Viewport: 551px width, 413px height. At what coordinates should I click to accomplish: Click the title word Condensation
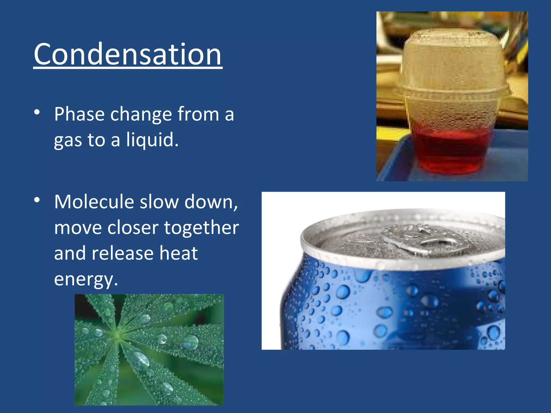128,55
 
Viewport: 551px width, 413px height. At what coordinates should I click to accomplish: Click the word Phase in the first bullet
79,115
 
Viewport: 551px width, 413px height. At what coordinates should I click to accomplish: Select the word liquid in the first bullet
152,140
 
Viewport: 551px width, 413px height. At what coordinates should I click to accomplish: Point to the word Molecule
94,202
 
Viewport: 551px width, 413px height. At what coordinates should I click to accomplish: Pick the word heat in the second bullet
179,254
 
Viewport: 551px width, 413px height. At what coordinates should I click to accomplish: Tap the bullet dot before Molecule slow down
37,200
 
